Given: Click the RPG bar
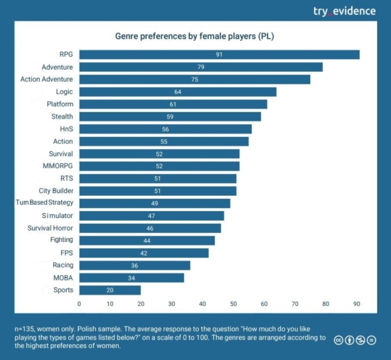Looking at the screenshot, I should (x=219, y=55).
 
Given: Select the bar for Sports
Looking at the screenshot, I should (x=109, y=290).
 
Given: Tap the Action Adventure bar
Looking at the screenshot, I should (x=194, y=80).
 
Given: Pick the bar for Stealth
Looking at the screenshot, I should (x=170, y=116).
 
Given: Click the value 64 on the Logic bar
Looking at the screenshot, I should (x=178, y=92).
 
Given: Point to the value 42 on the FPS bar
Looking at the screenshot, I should (x=144, y=253).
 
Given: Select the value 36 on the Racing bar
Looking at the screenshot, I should (x=134, y=265).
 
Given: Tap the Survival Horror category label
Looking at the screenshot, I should (x=50, y=228).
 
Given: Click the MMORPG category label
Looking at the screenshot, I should (x=58, y=166).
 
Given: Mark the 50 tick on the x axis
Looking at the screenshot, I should (x=233, y=304).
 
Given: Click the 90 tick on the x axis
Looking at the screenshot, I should (x=356, y=304).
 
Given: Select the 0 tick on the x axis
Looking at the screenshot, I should (x=79, y=304).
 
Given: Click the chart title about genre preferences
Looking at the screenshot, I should (x=195, y=35).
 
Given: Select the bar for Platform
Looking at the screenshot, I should (x=173, y=104).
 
